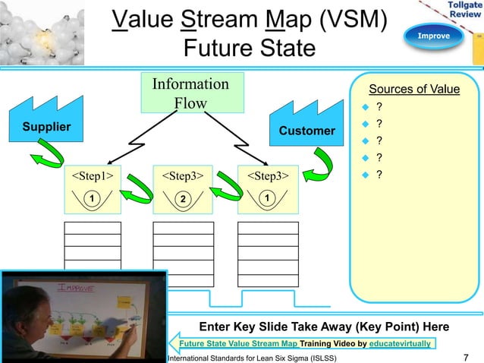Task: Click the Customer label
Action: click(306, 131)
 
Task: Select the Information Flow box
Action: click(190, 93)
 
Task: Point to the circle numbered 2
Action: click(182, 199)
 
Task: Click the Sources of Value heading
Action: click(413, 90)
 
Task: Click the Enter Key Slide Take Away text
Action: click(322, 327)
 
